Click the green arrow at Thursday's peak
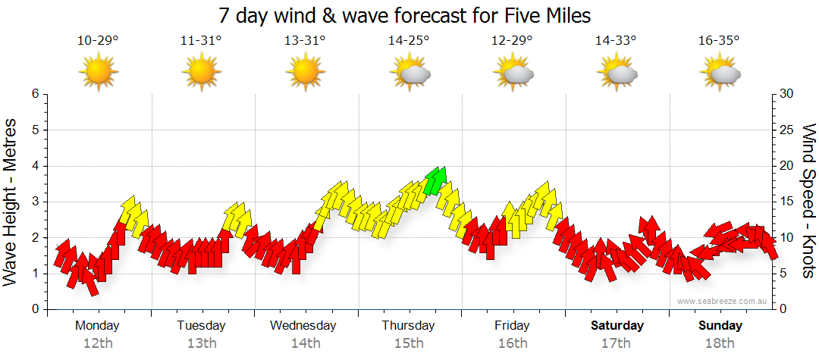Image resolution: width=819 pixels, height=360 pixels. (x=436, y=180)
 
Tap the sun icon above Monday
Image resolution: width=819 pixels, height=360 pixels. (x=99, y=73)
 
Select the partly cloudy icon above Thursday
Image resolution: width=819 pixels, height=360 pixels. (x=410, y=73)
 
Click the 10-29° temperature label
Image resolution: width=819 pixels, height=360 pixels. (x=98, y=41)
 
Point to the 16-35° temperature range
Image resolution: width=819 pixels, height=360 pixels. (x=719, y=41)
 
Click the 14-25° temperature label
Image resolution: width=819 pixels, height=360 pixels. (x=409, y=41)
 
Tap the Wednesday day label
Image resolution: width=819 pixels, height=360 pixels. (x=303, y=326)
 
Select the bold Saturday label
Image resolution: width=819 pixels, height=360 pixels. (x=617, y=326)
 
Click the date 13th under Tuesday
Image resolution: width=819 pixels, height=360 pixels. (x=201, y=343)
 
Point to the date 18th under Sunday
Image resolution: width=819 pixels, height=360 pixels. (x=720, y=343)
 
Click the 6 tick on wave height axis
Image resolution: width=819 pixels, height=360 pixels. (x=34, y=94)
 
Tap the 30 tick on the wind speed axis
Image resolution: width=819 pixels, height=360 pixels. (x=786, y=94)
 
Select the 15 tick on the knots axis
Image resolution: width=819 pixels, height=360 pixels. (x=786, y=202)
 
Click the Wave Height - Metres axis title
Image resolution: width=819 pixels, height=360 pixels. (x=12, y=202)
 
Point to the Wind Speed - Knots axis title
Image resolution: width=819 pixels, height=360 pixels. (x=808, y=202)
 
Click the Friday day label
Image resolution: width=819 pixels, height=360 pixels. (x=513, y=326)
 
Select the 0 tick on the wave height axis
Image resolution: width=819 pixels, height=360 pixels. (x=34, y=309)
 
